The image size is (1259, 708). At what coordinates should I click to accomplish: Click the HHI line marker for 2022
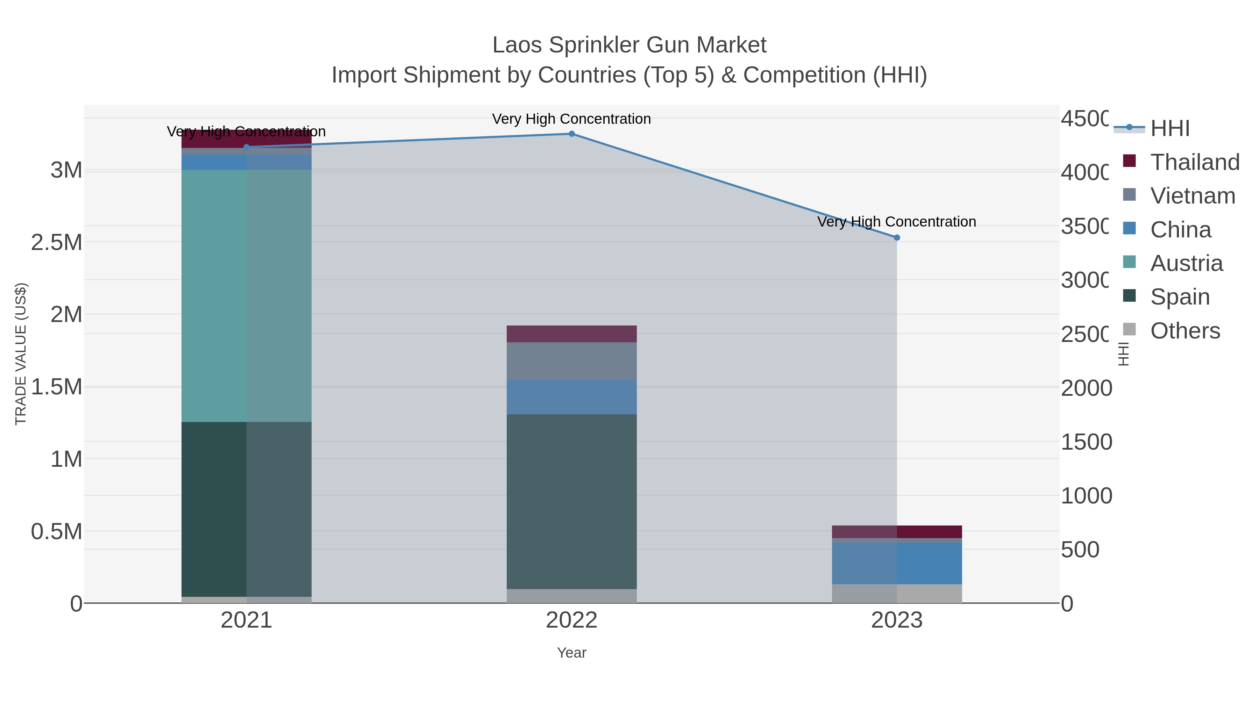pyautogui.click(x=571, y=134)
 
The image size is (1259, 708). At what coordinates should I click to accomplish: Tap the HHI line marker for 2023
pyautogui.click(x=897, y=237)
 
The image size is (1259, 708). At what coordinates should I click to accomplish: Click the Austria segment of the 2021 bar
pyautogui.click(x=246, y=295)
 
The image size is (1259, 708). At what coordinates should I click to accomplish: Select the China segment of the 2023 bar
pyautogui.click(x=897, y=563)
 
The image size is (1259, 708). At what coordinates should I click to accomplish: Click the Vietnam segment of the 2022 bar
pyautogui.click(x=571, y=361)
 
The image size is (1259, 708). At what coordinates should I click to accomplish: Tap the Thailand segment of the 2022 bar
pyautogui.click(x=571, y=334)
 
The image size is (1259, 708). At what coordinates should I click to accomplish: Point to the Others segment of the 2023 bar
pyautogui.click(x=897, y=593)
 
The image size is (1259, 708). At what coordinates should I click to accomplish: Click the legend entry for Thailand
pyautogui.click(x=1195, y=162)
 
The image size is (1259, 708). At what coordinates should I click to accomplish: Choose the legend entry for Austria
pyautogui.click(x=1186, y=263)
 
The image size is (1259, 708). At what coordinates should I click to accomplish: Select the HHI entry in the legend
pyautogui.click(x=1169, y=129)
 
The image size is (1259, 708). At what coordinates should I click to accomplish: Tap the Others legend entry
pyautogui.click(x=1185, y=331)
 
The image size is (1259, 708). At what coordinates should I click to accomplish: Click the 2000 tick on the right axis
pyautogui.click(x=1086, y=388)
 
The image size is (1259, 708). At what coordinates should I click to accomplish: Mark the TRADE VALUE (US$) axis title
pyautogui.click(x=21, y=354)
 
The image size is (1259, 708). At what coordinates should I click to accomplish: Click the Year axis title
pyautogui.click(x=571, y=653)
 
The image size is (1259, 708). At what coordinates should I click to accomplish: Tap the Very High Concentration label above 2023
pyautogui.click(x=897, y=222)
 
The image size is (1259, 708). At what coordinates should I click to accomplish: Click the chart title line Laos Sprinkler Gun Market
pyautogui.click(x=629, y=45)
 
